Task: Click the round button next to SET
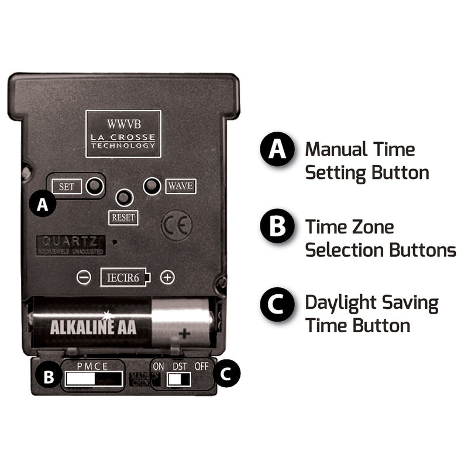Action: pyautogui.click(x=94, y=186)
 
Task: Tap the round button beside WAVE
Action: pyautogui.click(x=152, y=185)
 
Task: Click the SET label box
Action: pyautogui.click(x=67, y=187)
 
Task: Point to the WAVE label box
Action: pyautogui.click(x=180, y=186)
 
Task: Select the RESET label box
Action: pyautogui.click(x=123, y=218)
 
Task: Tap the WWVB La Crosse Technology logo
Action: pyautogui.click(x=123, y=133)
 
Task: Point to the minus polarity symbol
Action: pyautogui.click(x=84, y=277)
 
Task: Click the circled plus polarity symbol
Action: pyautogui.click(x=168, y=277)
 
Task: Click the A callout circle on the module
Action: pyautogui.click(x=42, y=205)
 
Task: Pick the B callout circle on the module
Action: pyautogui.click(x=49, y=377)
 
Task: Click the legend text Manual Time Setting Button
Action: pyautogui.click(x=367, y=160)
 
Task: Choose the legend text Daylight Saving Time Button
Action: pyautogui.click(x=371, y=314)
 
